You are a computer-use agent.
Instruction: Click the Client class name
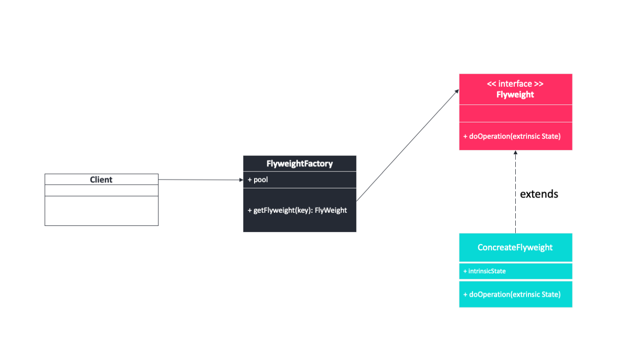pos(101,180)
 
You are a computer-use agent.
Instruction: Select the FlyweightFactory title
pos(300,164)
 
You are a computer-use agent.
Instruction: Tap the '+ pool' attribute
pos(258,180)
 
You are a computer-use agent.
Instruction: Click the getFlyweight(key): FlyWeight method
pos(297,210)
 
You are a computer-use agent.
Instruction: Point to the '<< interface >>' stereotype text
pos(515,84)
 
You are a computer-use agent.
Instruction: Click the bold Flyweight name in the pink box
pos(515,95)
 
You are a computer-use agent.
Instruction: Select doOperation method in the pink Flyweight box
pos(512,136)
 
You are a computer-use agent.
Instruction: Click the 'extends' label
pos(539,194)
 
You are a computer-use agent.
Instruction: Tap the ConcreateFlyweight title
pos(515,247)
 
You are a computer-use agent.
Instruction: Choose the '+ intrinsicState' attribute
pos(484,271)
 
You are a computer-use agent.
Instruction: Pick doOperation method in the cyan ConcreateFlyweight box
pos(512,294)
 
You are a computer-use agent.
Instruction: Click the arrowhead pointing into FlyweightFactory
pos(241,180)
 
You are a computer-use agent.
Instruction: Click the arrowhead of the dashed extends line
pos(515,153)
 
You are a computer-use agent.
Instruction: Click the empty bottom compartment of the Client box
pos(101,210)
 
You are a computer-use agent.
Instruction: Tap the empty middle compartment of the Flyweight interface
pos(515,113)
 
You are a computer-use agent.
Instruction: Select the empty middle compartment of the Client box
pos(101,190)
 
